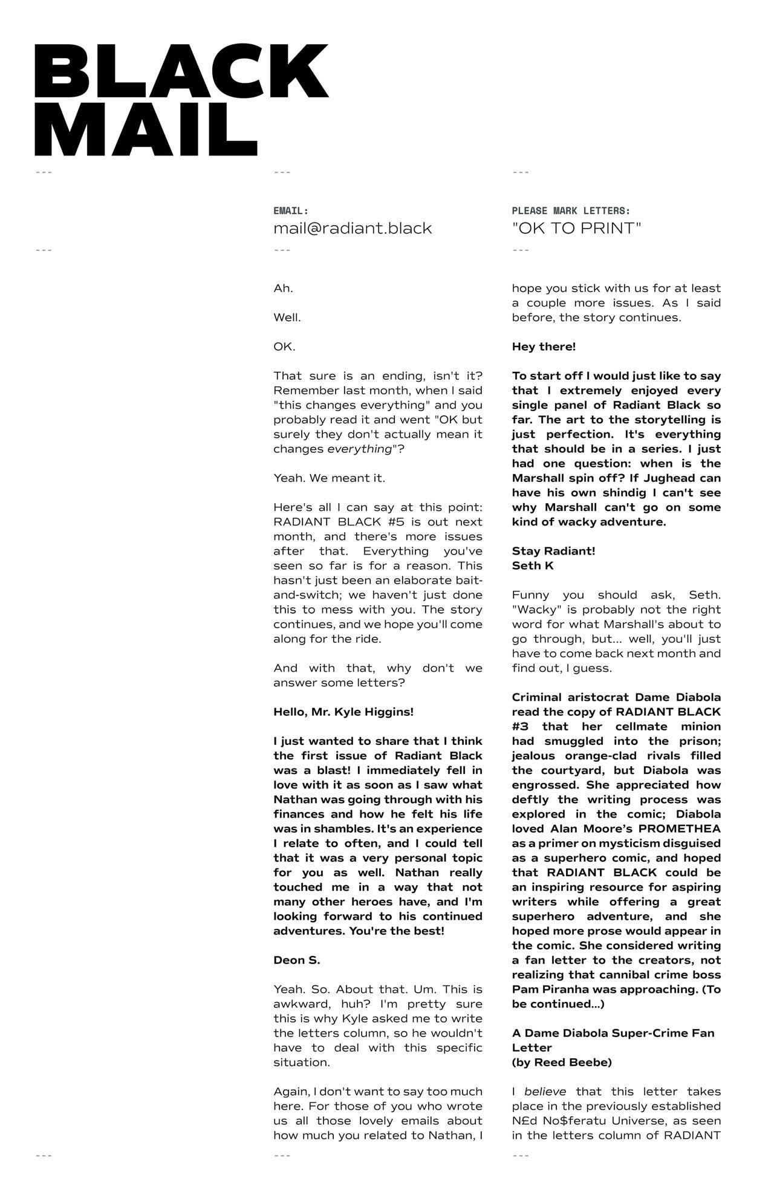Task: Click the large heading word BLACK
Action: tap(181, 71)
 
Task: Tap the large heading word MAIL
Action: tap(146, 129)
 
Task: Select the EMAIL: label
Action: tap(291, 211)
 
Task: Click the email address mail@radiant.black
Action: tap(353, 229)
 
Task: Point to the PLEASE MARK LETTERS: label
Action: tap(571, 211)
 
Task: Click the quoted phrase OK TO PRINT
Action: tap(576, 229)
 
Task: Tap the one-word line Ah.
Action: tap(283, 288)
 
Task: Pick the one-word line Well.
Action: tap(287, 317)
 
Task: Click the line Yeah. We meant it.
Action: tap(329, 478)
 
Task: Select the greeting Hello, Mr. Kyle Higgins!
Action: tap(343, 712)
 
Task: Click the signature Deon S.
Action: tap(296, 960)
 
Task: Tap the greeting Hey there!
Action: tap(544, 347)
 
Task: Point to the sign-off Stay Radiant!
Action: tap(553, 551)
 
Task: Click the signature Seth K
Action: tap(533, 566)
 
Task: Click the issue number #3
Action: tap(521, 727)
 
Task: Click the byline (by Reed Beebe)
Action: tap(562, 1062)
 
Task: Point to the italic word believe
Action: tap(545, 1091)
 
